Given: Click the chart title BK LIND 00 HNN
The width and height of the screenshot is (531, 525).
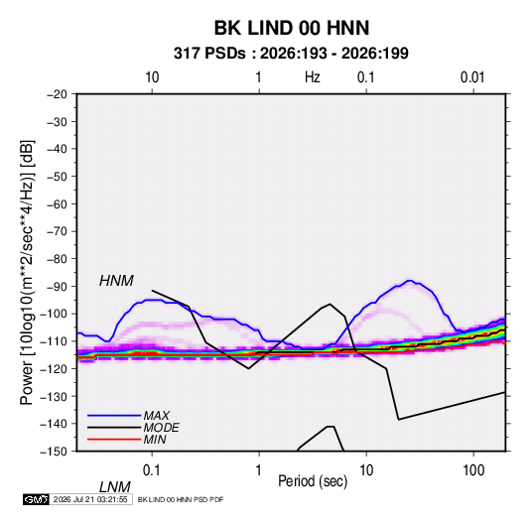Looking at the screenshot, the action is pos(292,28).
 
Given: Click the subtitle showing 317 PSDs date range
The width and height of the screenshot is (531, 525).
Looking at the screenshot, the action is pos(291,54).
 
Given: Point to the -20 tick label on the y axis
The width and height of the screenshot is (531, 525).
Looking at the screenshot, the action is pos(57,94).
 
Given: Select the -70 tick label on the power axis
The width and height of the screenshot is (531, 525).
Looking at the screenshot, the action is pos(57,231).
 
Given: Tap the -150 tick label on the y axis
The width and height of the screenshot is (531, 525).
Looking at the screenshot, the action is pos(54,452).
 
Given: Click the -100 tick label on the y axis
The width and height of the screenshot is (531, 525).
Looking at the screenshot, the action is pos(54,314).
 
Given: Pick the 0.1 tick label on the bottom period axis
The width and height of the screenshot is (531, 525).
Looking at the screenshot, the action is pos(151,470).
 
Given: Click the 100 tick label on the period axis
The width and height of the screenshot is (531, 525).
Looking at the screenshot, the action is pos(473,470).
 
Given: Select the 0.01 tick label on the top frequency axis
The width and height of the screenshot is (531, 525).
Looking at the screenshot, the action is pos(472,77).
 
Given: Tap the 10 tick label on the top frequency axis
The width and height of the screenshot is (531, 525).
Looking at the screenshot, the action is pos(152,77).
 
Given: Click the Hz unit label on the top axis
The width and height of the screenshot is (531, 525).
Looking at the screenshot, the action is pos(313,77).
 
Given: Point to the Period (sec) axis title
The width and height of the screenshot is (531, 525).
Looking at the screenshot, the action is pos(313,481).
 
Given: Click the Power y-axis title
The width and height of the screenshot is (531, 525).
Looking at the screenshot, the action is pos(27,273).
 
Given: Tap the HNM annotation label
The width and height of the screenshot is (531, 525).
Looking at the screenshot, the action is pos(116,281).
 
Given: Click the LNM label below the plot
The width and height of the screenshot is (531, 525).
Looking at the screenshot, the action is pos(114,487).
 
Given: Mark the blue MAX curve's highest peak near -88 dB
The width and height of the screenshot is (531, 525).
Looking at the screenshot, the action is pos(410,281).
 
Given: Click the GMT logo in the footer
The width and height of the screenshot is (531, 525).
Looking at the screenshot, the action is pos(36,499).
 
